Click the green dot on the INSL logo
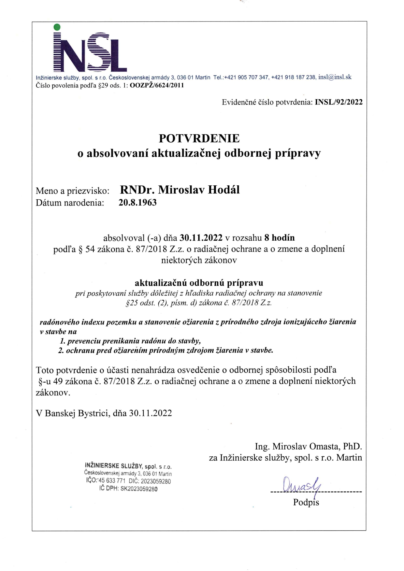click(57, 27)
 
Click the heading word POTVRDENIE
click(199, 138)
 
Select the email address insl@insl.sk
click(335, 77)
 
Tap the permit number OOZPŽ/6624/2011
click(157, 85)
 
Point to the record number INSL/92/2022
click(339, 102)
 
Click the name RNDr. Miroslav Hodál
click(180, 190)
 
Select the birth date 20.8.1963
click(137, 203)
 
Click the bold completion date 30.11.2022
click(201, 237)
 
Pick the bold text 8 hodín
click(279, 237)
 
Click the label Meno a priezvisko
click(72, 191)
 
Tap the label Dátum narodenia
click(70, 203)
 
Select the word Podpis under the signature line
click(306, 502)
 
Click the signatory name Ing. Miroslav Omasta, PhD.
click(308, 446)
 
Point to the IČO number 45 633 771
click(112, 481)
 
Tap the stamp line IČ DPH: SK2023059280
click(128, 489)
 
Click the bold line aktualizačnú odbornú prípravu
click(199, 282)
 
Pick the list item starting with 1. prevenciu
click(130, 341)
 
